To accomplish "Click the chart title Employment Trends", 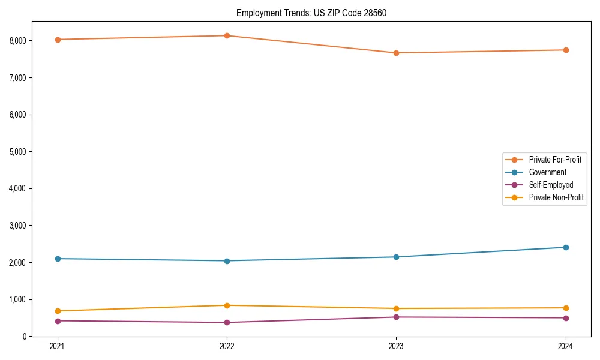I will pyautogui.click(x=311, y=13).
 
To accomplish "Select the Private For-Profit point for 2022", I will pyautogui.click(x=227, y=35).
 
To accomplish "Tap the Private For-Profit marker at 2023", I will pyautogui.click(x=396, y=53).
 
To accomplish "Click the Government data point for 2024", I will pyautogui.click(x=566, y=247).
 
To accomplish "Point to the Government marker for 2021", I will pyautogui.click(x=58, y=259).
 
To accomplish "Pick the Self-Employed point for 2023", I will pyautogui.click(x=396, y=317).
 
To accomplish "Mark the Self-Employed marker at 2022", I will pyautogui.click(x=227, y=322).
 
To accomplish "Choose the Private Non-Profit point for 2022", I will pyautogui.click(x=227, y=305).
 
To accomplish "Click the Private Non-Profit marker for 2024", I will pyautogui.click(x=566, y=308).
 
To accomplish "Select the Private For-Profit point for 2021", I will pyautogui.click(x=58, y=40).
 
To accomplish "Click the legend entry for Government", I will pyautogui.click(x=547, y=172).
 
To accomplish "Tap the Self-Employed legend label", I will pyautogui.click(x=551, y=185).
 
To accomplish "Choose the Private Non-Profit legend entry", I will pyautogui.click(x=556, y=197).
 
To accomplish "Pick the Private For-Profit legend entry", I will pyautogui.click(x=555, y=160).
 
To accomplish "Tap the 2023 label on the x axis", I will pyautogui.click(x=396, y=346).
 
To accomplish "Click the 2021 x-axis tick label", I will pyautogui.click(x=58, y=346).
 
